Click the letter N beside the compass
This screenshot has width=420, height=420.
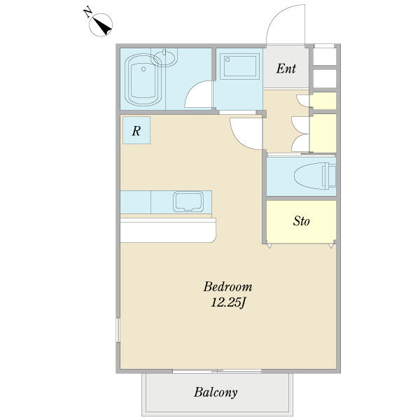coord(88,13)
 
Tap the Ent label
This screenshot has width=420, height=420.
coord(286,69)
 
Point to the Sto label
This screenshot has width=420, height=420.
coord(301,221)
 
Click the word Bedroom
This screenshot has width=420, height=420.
coord(227,286)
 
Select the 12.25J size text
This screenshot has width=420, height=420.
coord(228,303)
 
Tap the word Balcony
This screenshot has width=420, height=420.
coord(216,393)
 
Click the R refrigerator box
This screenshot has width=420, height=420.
coord(136,130)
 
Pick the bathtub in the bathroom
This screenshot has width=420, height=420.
coord(143,80)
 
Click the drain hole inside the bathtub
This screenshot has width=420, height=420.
coord(143,69)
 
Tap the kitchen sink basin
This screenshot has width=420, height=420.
coord(188,202)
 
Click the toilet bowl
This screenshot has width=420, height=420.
coord(310,176)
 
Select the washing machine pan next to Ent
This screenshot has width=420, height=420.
coord(239,66)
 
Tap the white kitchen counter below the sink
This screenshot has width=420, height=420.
coord(168,230)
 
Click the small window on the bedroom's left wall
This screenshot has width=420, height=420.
coord(118,330)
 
